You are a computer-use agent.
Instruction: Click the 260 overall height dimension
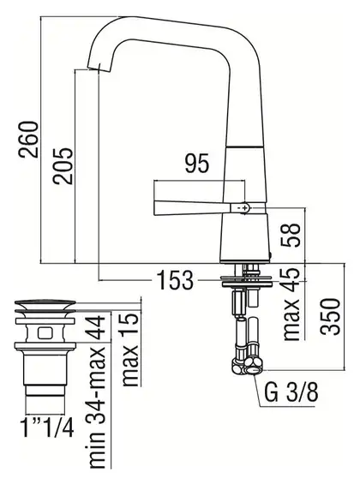coord(28,140)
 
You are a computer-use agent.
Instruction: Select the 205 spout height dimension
coord(63,166)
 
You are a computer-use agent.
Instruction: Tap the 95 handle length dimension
coord(197,163)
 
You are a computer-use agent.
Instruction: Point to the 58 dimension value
coord(291,235)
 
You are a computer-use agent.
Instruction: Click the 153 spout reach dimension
coord(175,280)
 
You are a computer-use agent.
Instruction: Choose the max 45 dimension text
coord(291,304)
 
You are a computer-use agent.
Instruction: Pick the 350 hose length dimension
coord(330,316)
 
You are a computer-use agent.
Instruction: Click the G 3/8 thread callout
coord(291,392)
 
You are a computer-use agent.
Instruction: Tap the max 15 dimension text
coord(129,350)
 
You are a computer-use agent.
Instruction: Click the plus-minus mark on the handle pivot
coord(244,208)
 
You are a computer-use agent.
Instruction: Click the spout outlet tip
coord(98,69)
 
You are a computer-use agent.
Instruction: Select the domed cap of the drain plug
coord(45,303)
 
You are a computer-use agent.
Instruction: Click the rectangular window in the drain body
coord(45,333)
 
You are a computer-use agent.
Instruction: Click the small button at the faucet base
coord(271,255)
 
